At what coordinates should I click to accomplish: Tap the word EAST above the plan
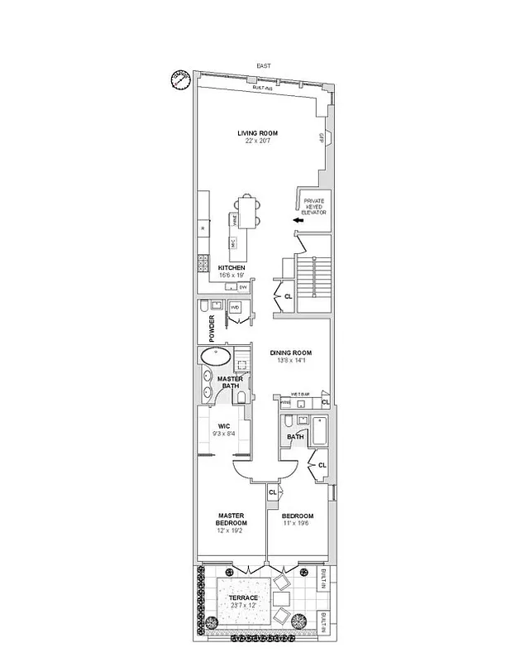[x=264, y=65]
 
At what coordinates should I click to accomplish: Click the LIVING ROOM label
[x=257, y=133]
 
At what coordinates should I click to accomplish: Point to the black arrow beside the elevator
[x=296, y=219]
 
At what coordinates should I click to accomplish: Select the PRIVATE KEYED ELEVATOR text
[x=315, y=207]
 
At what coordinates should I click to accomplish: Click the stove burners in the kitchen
[x=203, y=264]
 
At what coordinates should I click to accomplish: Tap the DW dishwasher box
[x=243, y=287]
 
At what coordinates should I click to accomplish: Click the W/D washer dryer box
[x=235, y=307]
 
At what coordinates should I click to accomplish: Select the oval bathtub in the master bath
[x=216, y=357]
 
